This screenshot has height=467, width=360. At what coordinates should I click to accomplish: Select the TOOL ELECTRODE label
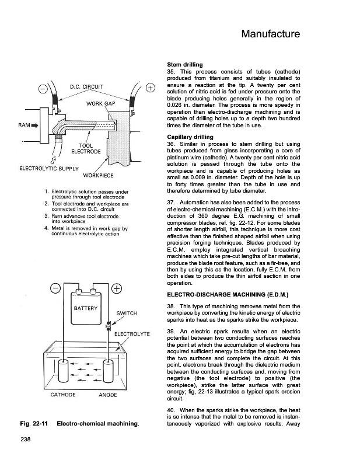[x=86, y=149]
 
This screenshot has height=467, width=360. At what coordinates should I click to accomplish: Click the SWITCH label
[x=127, y=313]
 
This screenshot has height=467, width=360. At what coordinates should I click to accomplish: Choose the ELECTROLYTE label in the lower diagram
[x=132, y=334]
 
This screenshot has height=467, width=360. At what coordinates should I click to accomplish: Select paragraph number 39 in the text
[x=171, y=330]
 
